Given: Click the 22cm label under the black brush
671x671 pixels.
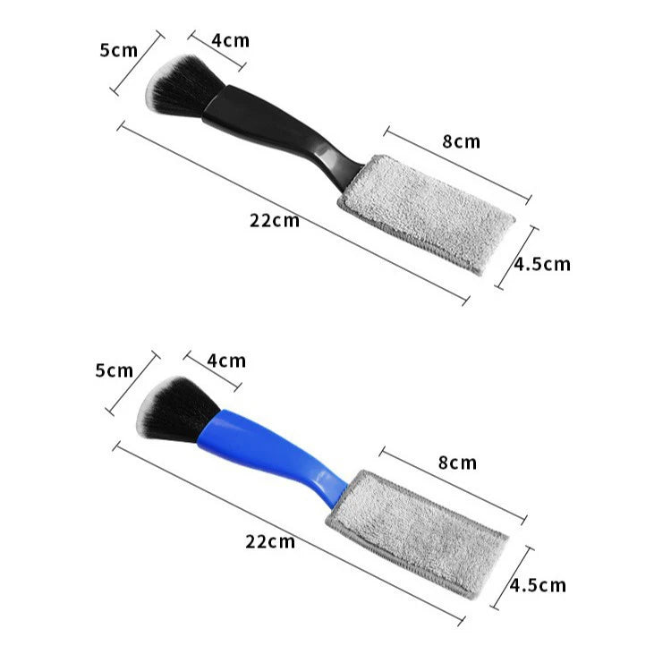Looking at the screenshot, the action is click(275, 221).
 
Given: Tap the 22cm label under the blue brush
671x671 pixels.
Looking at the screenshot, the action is click(270, 542).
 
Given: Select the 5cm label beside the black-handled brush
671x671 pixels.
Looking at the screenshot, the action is click(119, 50).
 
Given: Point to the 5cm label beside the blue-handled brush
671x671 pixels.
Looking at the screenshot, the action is click(115, 370).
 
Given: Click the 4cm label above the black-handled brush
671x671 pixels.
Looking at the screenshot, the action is click(231, 40).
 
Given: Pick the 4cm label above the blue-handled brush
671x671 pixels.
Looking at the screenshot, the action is click(227, 361).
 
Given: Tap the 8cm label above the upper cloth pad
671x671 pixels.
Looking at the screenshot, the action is click(462, 141).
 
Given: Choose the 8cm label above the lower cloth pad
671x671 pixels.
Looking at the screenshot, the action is click(457, 463).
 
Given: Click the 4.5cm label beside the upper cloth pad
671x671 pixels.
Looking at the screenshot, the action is click(542, 264).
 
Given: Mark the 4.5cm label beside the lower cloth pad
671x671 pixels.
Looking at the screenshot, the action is click(538, 585).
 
